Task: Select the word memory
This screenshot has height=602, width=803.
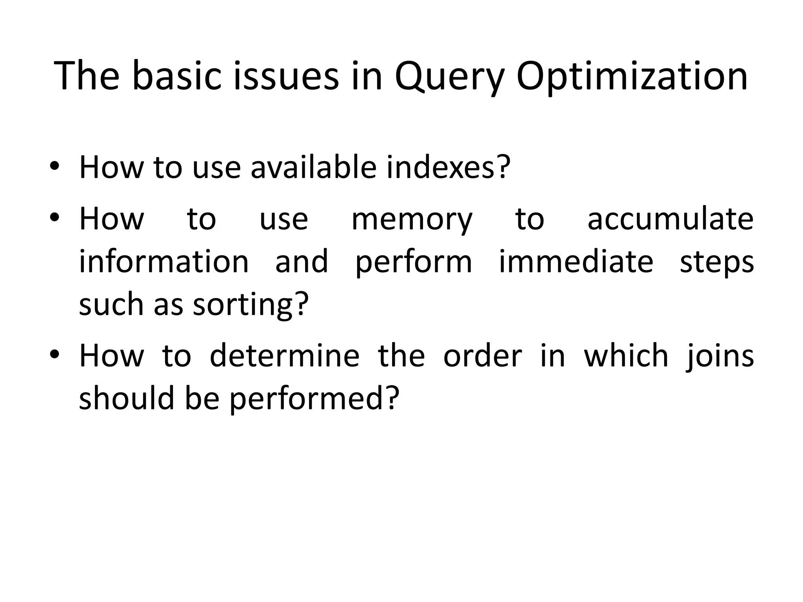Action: tap(412, 219)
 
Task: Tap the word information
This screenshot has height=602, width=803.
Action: tap(164, 261)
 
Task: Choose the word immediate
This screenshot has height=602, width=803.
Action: tap(576, 261)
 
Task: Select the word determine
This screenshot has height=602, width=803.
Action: tap(284, 355)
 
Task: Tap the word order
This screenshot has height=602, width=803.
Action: tap(482, 355)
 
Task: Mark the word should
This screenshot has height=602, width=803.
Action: tap(126, 398)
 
